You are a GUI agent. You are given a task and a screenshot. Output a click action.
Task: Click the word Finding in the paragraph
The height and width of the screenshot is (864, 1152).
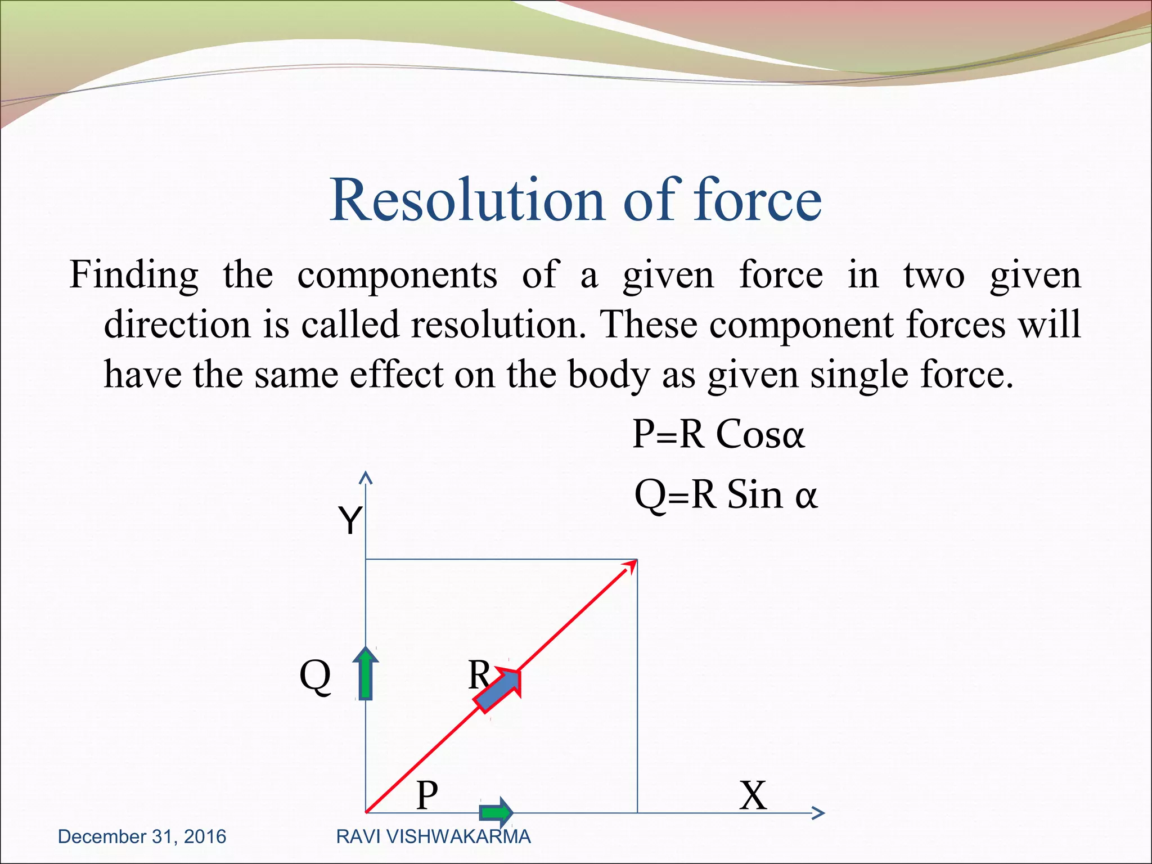point(134,276)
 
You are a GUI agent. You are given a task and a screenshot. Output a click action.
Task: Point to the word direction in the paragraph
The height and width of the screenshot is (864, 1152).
point(177,325)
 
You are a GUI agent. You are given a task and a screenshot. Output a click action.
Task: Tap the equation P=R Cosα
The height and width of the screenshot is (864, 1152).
point(718,434)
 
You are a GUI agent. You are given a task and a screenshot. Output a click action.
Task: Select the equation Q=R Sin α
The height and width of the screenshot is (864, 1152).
point(725,495)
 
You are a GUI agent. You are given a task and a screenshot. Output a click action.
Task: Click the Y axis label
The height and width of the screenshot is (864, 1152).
point(349,520)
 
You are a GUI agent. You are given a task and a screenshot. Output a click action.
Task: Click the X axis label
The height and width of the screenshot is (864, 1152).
point(753,795)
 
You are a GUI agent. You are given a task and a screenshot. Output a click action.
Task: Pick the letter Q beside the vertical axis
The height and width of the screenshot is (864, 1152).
point(315,677)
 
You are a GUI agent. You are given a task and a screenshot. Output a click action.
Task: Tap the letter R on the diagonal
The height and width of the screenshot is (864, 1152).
point(479,674)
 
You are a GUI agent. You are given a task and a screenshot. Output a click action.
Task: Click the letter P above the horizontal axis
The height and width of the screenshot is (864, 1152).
point(427,795)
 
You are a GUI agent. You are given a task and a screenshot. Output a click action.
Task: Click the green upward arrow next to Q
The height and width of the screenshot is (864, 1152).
point(366,673)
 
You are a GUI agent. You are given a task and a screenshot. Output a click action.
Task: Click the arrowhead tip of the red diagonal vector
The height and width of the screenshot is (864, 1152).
point(634,562)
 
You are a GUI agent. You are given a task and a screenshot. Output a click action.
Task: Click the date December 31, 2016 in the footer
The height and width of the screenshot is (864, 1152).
point(142,837)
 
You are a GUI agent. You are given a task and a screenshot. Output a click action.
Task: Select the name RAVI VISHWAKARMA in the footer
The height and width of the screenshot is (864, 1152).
point(433,837)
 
